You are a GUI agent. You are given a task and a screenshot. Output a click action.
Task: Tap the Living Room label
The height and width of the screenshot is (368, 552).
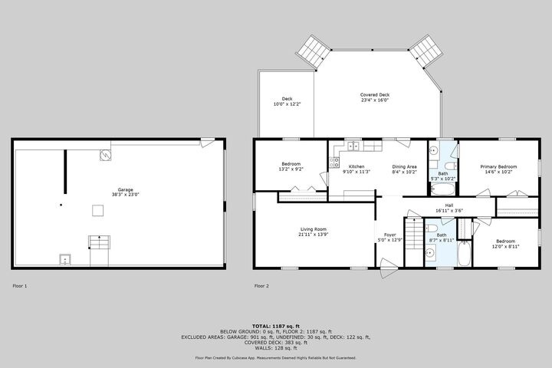pos(313,228)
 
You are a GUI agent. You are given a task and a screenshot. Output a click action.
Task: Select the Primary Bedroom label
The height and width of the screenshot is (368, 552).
pos(498,166)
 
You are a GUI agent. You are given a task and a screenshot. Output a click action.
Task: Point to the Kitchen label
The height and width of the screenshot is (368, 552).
pos(356,166)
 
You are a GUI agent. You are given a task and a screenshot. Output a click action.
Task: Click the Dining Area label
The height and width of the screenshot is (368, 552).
pos(404,166)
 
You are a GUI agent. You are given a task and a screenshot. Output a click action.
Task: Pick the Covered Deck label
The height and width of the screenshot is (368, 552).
pos(375,94)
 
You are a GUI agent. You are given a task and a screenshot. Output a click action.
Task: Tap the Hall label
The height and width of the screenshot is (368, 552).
pos(449,205)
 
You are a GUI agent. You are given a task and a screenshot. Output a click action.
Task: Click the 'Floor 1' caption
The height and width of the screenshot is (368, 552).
pos(20,286)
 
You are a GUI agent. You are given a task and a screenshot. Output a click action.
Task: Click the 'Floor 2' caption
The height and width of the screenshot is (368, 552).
pos(261,286)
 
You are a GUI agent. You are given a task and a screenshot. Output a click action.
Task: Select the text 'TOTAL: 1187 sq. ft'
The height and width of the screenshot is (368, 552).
pos(276,326)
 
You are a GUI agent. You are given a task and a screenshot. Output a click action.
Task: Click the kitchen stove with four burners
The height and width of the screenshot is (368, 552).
pos(333,162)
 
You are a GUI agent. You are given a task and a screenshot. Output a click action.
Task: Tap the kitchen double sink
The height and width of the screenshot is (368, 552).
pos(353,145)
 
